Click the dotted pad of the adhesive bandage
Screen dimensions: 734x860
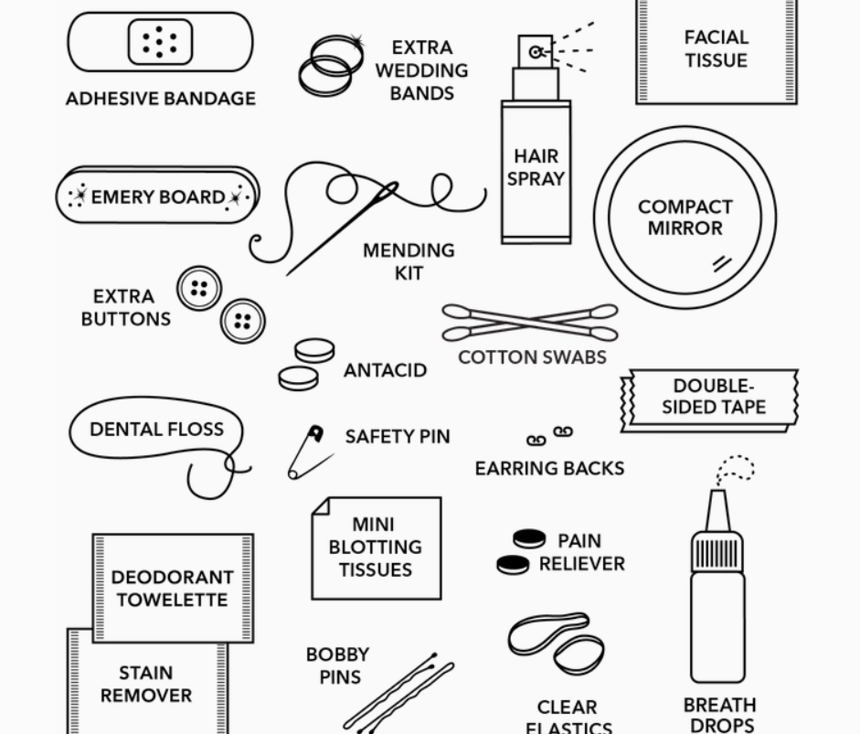[x=160, y=41]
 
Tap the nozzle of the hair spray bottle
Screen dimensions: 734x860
[x=536, y=52]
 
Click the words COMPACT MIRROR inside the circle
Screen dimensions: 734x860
[x=685, y=218]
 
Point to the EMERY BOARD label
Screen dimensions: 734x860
[x=157, y=197]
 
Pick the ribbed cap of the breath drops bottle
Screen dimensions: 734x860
[x=717, y=553]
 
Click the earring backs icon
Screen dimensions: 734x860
[x=549, y=436]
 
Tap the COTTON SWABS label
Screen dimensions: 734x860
[x=532, y=357]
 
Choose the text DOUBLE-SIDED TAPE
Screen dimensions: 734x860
[x=713, y=397]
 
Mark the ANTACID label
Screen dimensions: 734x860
[x=385, y=370]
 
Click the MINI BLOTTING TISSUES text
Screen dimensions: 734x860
[x=375, y=547]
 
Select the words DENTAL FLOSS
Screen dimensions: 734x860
[x=156, y=429]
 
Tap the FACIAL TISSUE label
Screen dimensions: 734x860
[x=717, y=49]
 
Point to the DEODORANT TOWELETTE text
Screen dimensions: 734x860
[x=173, y=589]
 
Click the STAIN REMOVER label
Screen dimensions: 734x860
[x=146, y=685]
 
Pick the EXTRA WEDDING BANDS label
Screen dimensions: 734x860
[x=421, y=70]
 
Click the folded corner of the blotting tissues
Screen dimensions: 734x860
[x=320, y=505]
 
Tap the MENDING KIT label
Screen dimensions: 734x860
[x=409, y=261]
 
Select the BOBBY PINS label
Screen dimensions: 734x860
[x=337, y=665]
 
